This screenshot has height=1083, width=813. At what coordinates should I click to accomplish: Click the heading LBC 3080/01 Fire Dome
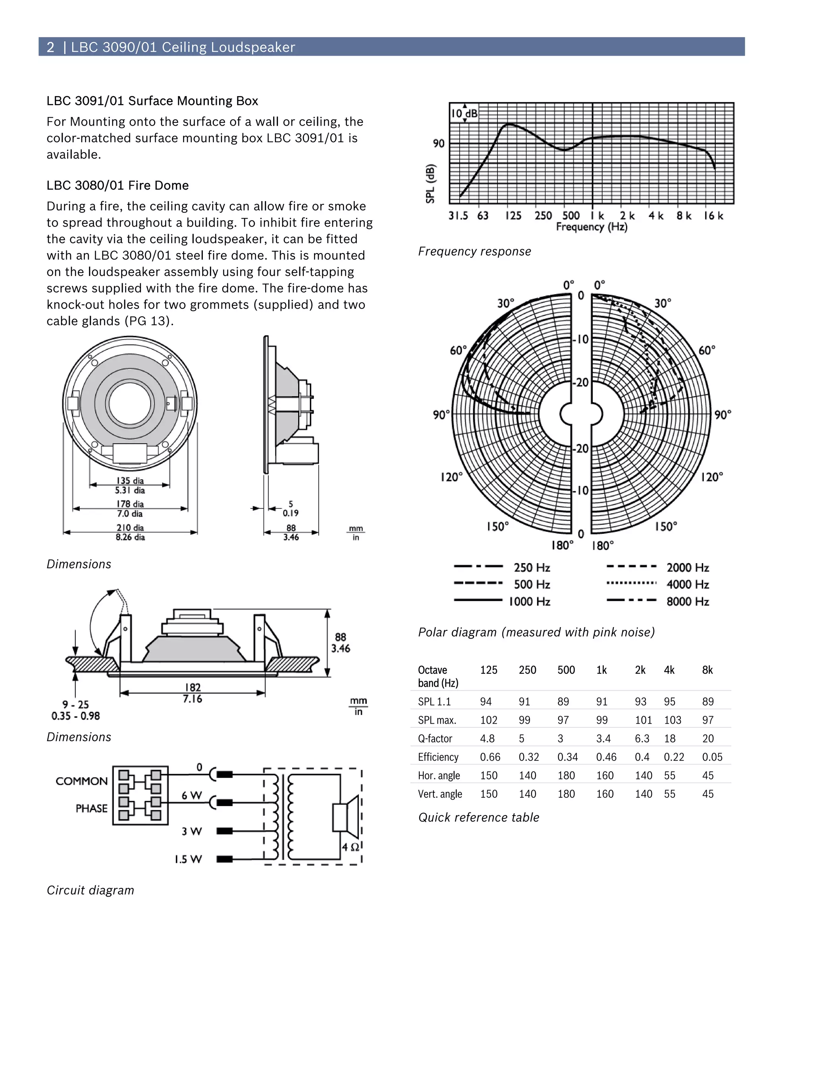(118, 186)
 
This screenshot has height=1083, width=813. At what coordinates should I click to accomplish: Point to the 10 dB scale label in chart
(464, 114)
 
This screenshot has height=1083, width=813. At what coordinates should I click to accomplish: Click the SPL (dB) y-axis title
(430, 184)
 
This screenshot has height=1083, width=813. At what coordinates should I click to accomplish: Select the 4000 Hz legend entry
(687, 584)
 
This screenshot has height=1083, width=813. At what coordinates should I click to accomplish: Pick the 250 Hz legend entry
(531, 568)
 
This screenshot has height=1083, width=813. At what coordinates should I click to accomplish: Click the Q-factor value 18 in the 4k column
(669, 738)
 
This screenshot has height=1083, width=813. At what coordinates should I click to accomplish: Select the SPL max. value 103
(672, 720)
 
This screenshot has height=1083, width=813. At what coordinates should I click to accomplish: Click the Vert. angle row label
(439, 794)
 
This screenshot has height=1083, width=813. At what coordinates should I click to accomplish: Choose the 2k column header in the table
(640, 670)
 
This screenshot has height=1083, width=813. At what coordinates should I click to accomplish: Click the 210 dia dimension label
(130, 528)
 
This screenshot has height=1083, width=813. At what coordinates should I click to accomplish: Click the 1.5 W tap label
(188, 859)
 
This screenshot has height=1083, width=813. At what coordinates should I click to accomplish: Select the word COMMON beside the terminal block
(81, 781)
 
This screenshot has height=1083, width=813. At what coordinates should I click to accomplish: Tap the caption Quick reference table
(478, 817)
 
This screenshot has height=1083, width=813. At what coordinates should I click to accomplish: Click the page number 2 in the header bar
(50, 47)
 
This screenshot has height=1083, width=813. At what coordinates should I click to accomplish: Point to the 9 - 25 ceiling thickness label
(75, 705)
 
